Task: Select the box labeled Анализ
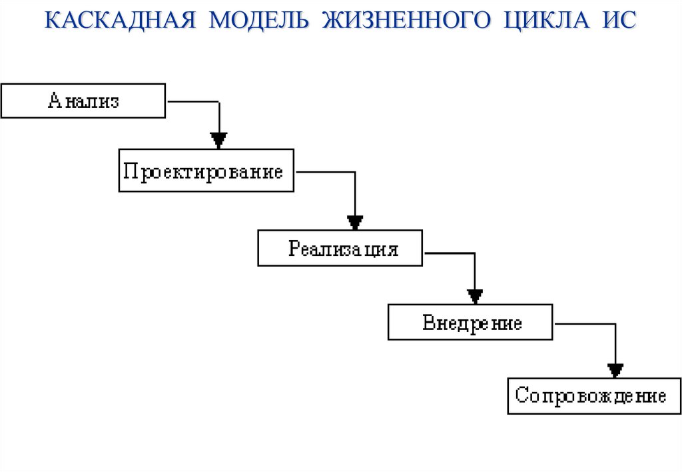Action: point(83,101)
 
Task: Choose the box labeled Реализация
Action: point(340,249)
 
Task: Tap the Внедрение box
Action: point(470,323)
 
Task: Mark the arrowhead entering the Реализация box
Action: point(355,221)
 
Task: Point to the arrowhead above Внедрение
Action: point(475,295)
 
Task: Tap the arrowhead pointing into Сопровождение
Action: point(615,369)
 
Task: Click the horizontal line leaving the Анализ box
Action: point(192,101)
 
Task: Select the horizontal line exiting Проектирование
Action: point(325,173)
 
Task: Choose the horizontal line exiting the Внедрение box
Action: point(584,324)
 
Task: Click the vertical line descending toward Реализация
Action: point(355,193)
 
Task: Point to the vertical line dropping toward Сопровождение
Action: point(615,343)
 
